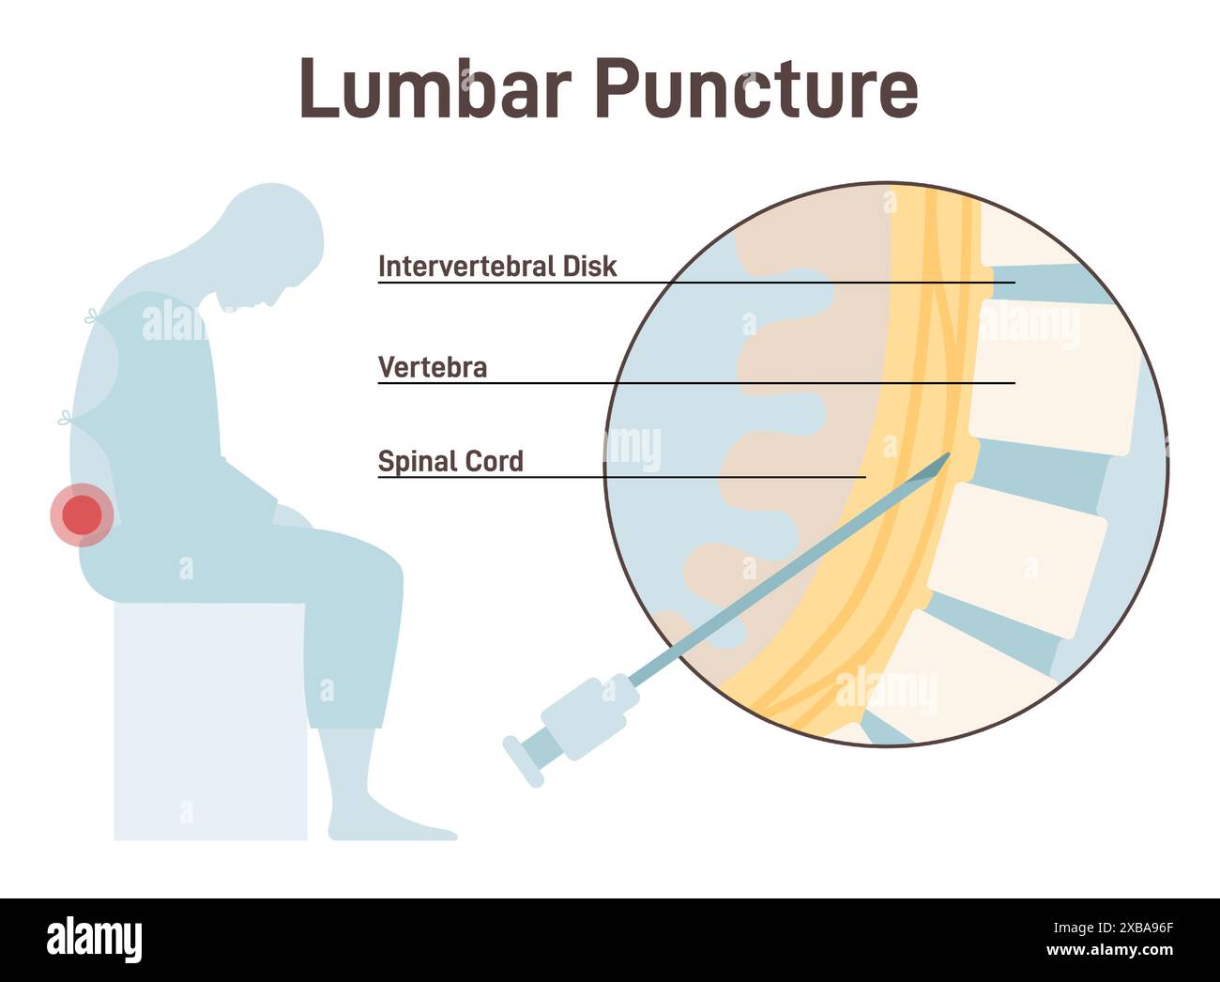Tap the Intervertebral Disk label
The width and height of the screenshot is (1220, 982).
pos(496,267)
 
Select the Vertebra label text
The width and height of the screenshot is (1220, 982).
pos(432,367)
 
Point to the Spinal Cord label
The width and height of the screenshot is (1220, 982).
pos(450,461)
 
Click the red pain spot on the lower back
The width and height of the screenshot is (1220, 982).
pos(83,514)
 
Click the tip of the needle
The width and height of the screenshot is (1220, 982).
pos(948,456)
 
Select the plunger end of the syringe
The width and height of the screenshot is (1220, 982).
pos(523,760)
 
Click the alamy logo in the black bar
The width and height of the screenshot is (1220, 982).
pos(94,940)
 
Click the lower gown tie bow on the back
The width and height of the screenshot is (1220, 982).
pos(67,419)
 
